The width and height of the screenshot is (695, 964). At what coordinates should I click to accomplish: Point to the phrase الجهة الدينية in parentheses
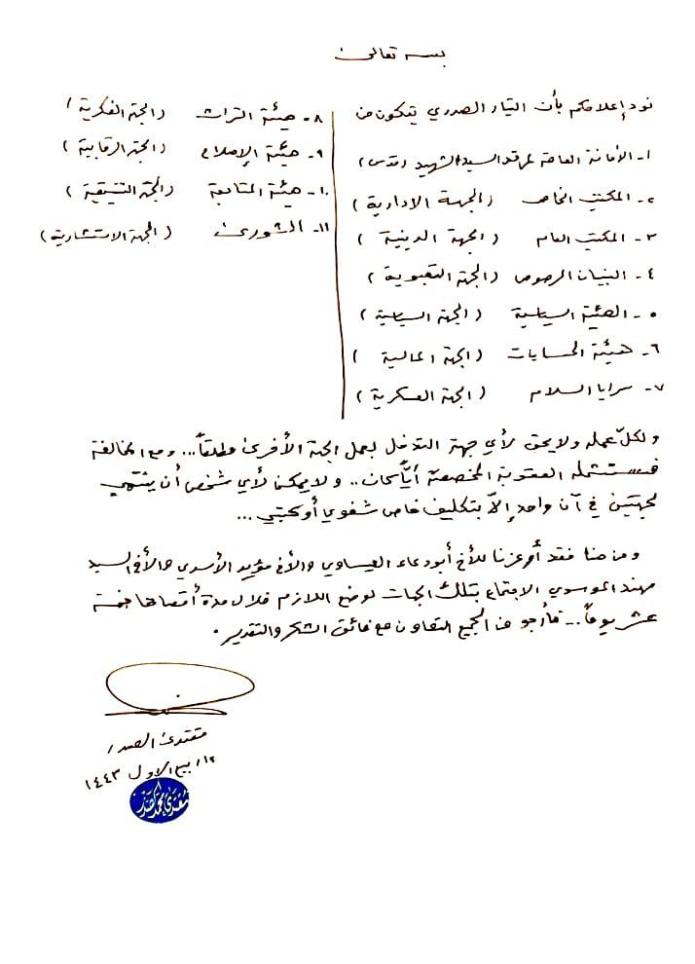pyautogui.click(x=429, y=240)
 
